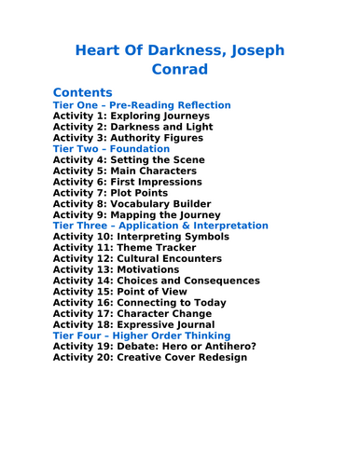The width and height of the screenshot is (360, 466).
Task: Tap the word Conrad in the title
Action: [x=179, y=69]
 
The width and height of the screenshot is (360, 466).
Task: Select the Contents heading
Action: [x=83, y=92]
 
